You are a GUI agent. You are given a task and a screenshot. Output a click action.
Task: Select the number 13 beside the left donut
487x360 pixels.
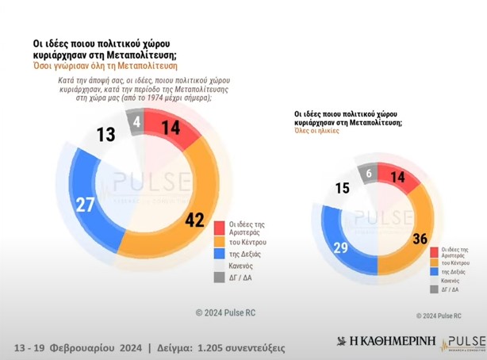(105, 134)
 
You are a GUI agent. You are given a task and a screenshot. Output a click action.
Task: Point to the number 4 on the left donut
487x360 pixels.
(137, 124)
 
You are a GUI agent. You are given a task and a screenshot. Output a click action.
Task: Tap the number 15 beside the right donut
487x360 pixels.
(343, 189)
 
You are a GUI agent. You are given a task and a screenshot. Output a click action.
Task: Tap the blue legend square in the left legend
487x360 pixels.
(220, 255)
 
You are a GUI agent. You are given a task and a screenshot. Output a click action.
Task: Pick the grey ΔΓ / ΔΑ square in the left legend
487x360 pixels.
(220, 278)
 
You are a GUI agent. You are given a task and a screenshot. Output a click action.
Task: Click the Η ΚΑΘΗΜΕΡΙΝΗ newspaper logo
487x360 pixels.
(378, 342)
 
